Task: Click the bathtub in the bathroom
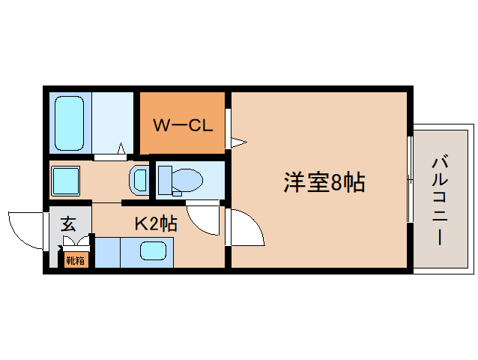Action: tap(70, 123)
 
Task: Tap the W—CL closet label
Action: tap(183, 124)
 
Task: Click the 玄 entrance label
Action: tap(68, 223)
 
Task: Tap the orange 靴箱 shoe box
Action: tap(76, 260)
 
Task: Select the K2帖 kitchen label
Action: tap(156, 223)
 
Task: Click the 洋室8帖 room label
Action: tap(324, 182)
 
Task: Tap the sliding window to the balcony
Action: tap(409, 180)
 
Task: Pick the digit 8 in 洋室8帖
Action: tap(336, 183)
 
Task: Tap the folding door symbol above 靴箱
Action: tap(75, 242)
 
